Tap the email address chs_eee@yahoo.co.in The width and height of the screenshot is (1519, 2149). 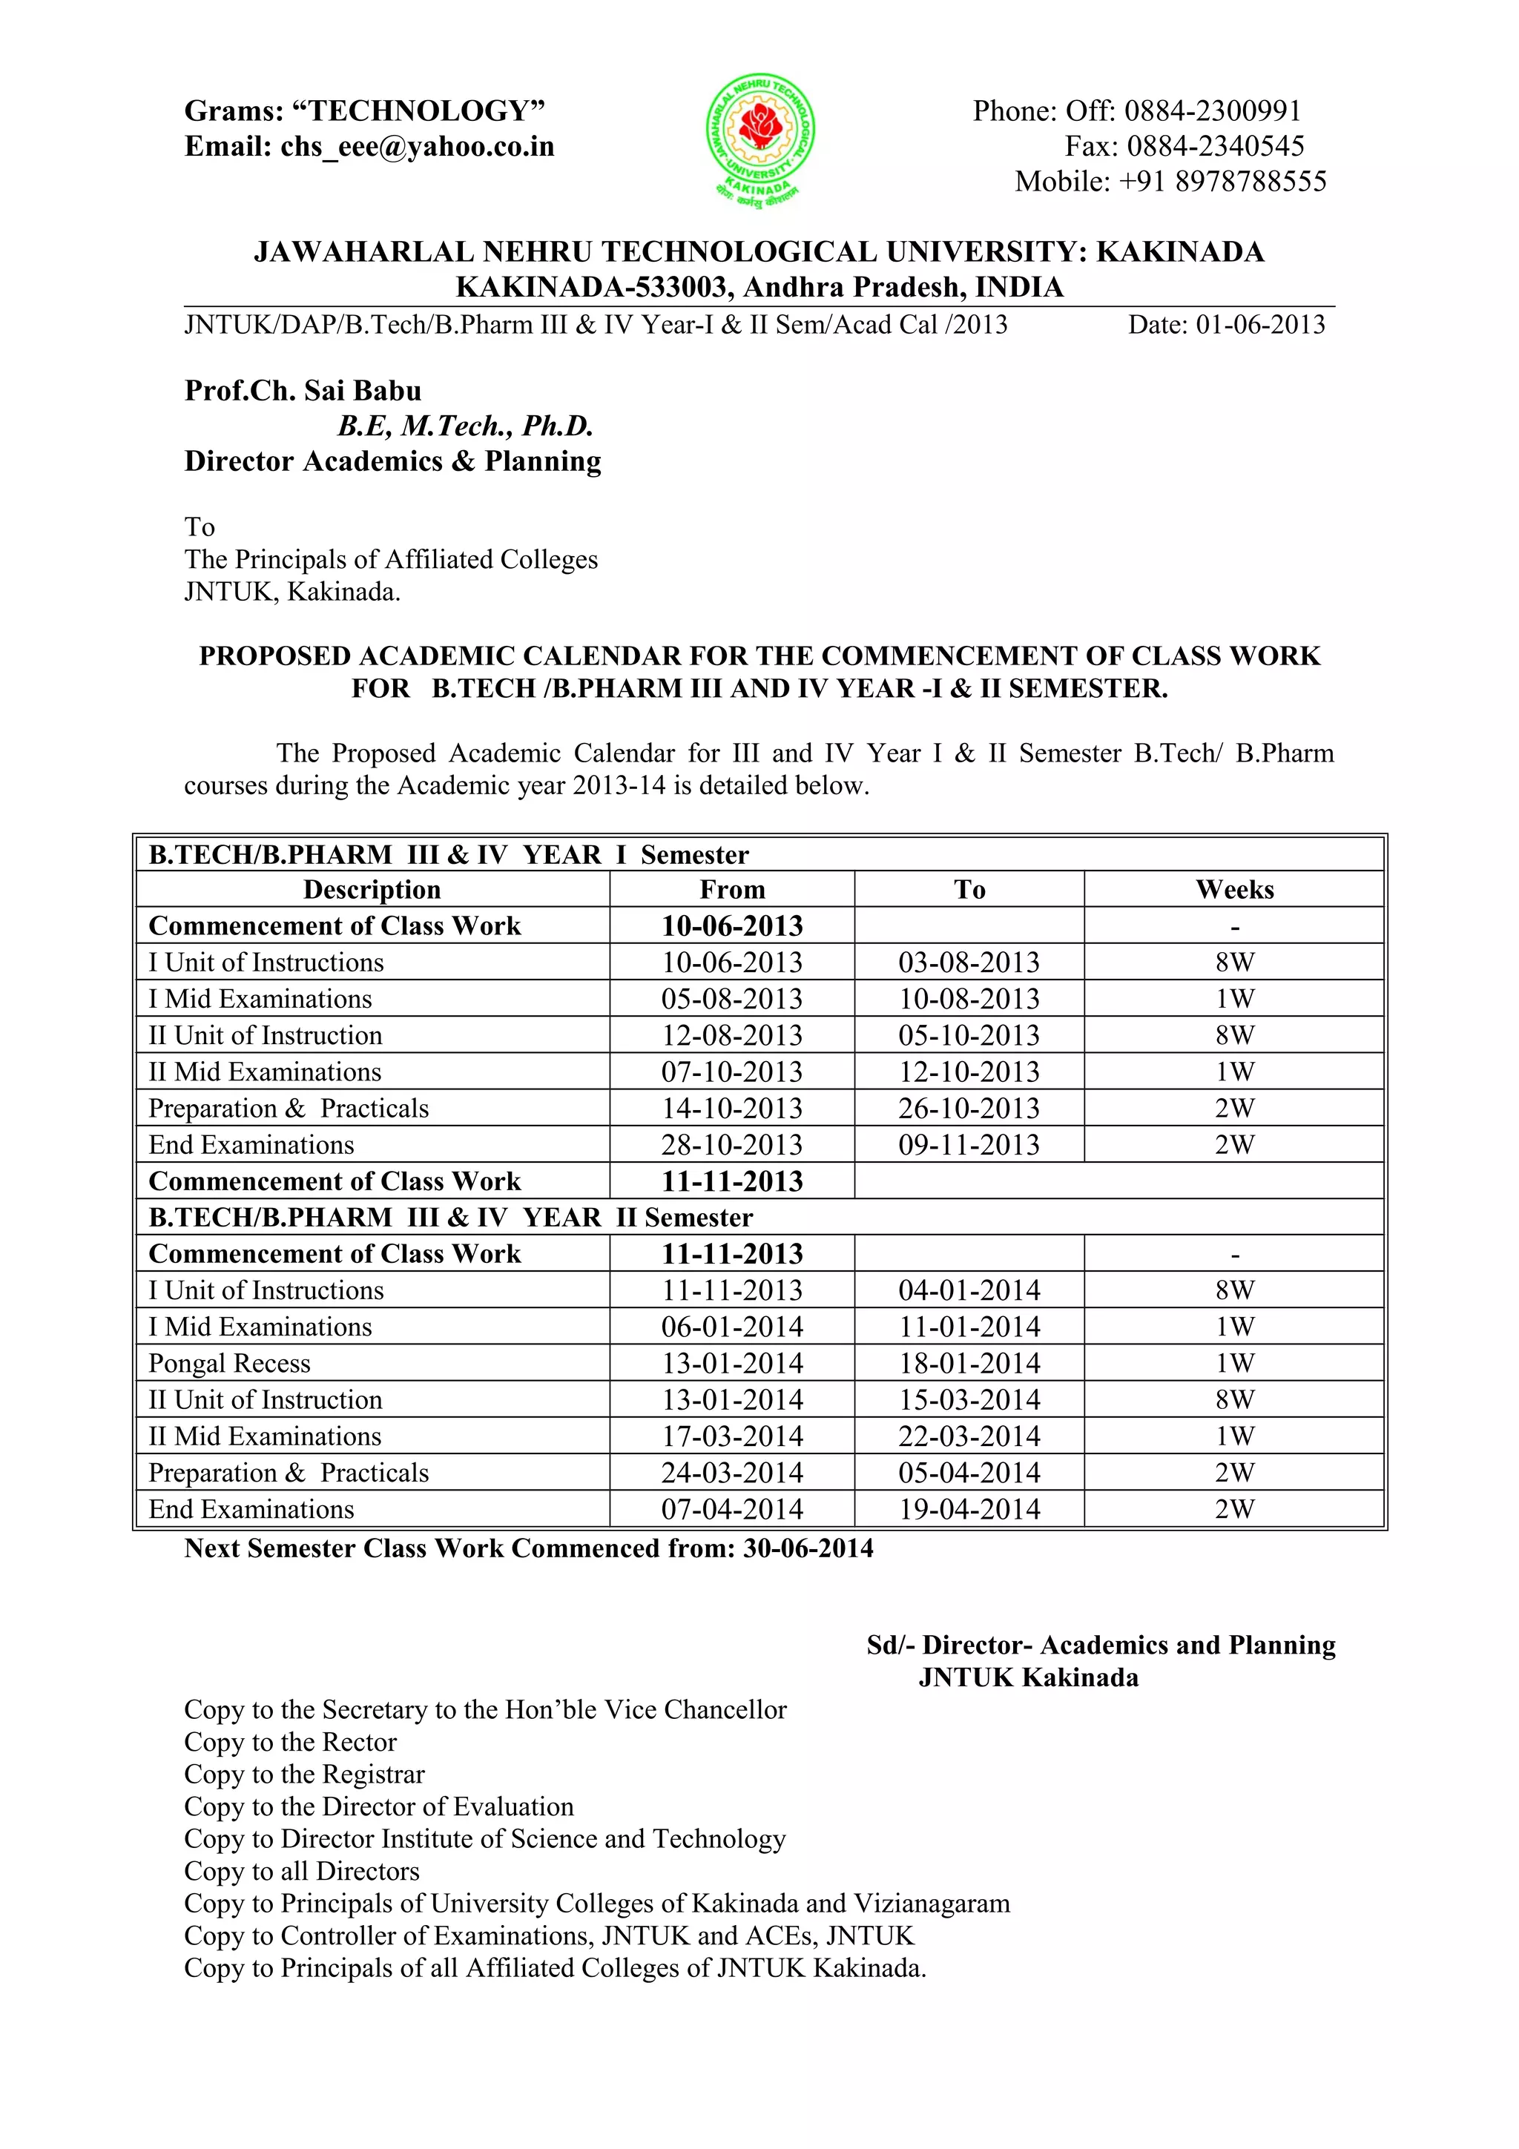(x=417, y=147)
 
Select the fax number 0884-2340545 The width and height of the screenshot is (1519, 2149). (x=1215, y=146)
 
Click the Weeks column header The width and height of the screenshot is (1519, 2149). (x=1233, y=889)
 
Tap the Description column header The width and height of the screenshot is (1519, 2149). (x=372, y=889)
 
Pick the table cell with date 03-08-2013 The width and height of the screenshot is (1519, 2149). (x=969, y=963)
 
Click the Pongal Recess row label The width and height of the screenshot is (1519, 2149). (x=229, y=1363)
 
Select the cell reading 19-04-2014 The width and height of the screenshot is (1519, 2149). (x=969, y=1509)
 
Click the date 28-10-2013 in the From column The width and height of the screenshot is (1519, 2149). (x=732, y=1145)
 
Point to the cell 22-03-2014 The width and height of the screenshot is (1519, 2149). (x=969, y=1436)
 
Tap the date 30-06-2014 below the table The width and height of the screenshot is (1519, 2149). (x=808, y=1548)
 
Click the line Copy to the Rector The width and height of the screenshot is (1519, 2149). (x=290, y=1742)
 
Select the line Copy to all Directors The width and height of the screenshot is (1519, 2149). (x=301, y=1871)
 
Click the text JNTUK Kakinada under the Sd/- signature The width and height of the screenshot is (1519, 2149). (x=1028, y=1677)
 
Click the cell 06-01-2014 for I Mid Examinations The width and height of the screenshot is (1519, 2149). (x=732, y=1327)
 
